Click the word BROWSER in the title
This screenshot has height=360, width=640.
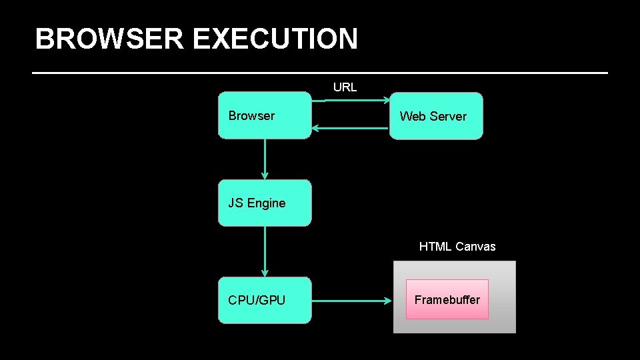[109, 39]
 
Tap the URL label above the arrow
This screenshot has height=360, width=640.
[345, 87]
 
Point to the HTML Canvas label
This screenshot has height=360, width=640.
[457, 247]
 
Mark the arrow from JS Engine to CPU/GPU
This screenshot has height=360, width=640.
[265, 251]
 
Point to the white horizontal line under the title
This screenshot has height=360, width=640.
[320, 72]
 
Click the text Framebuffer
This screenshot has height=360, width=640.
[447, 300]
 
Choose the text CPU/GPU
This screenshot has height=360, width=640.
[257, 301]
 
